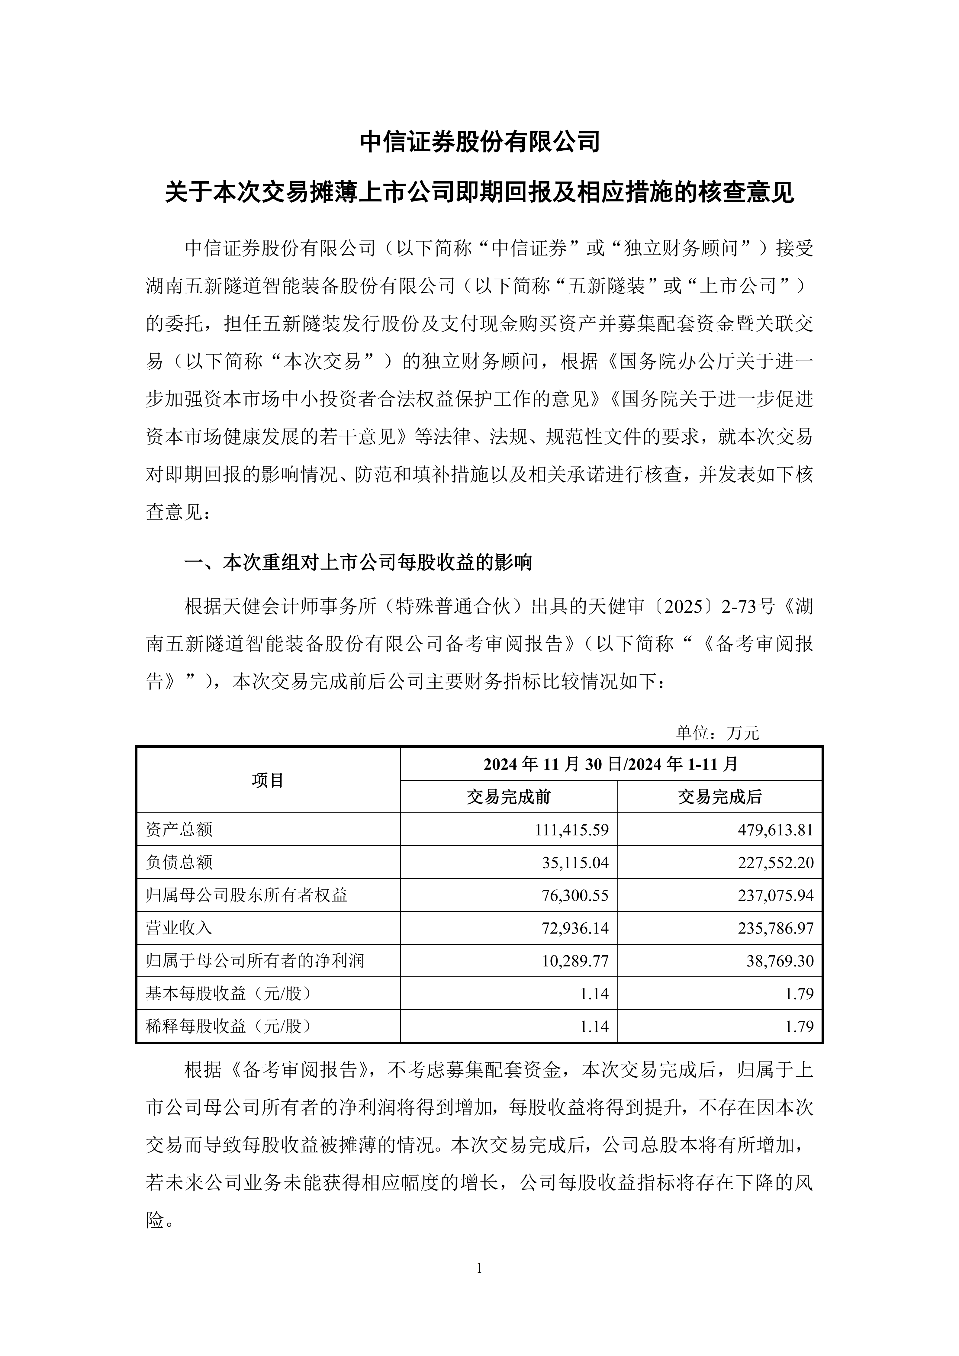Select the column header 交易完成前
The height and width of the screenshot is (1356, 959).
tap(508, 797)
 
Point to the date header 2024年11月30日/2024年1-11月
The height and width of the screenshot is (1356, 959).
tap(611, 764)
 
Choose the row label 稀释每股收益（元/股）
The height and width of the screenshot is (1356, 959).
tap(229, 1027)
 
